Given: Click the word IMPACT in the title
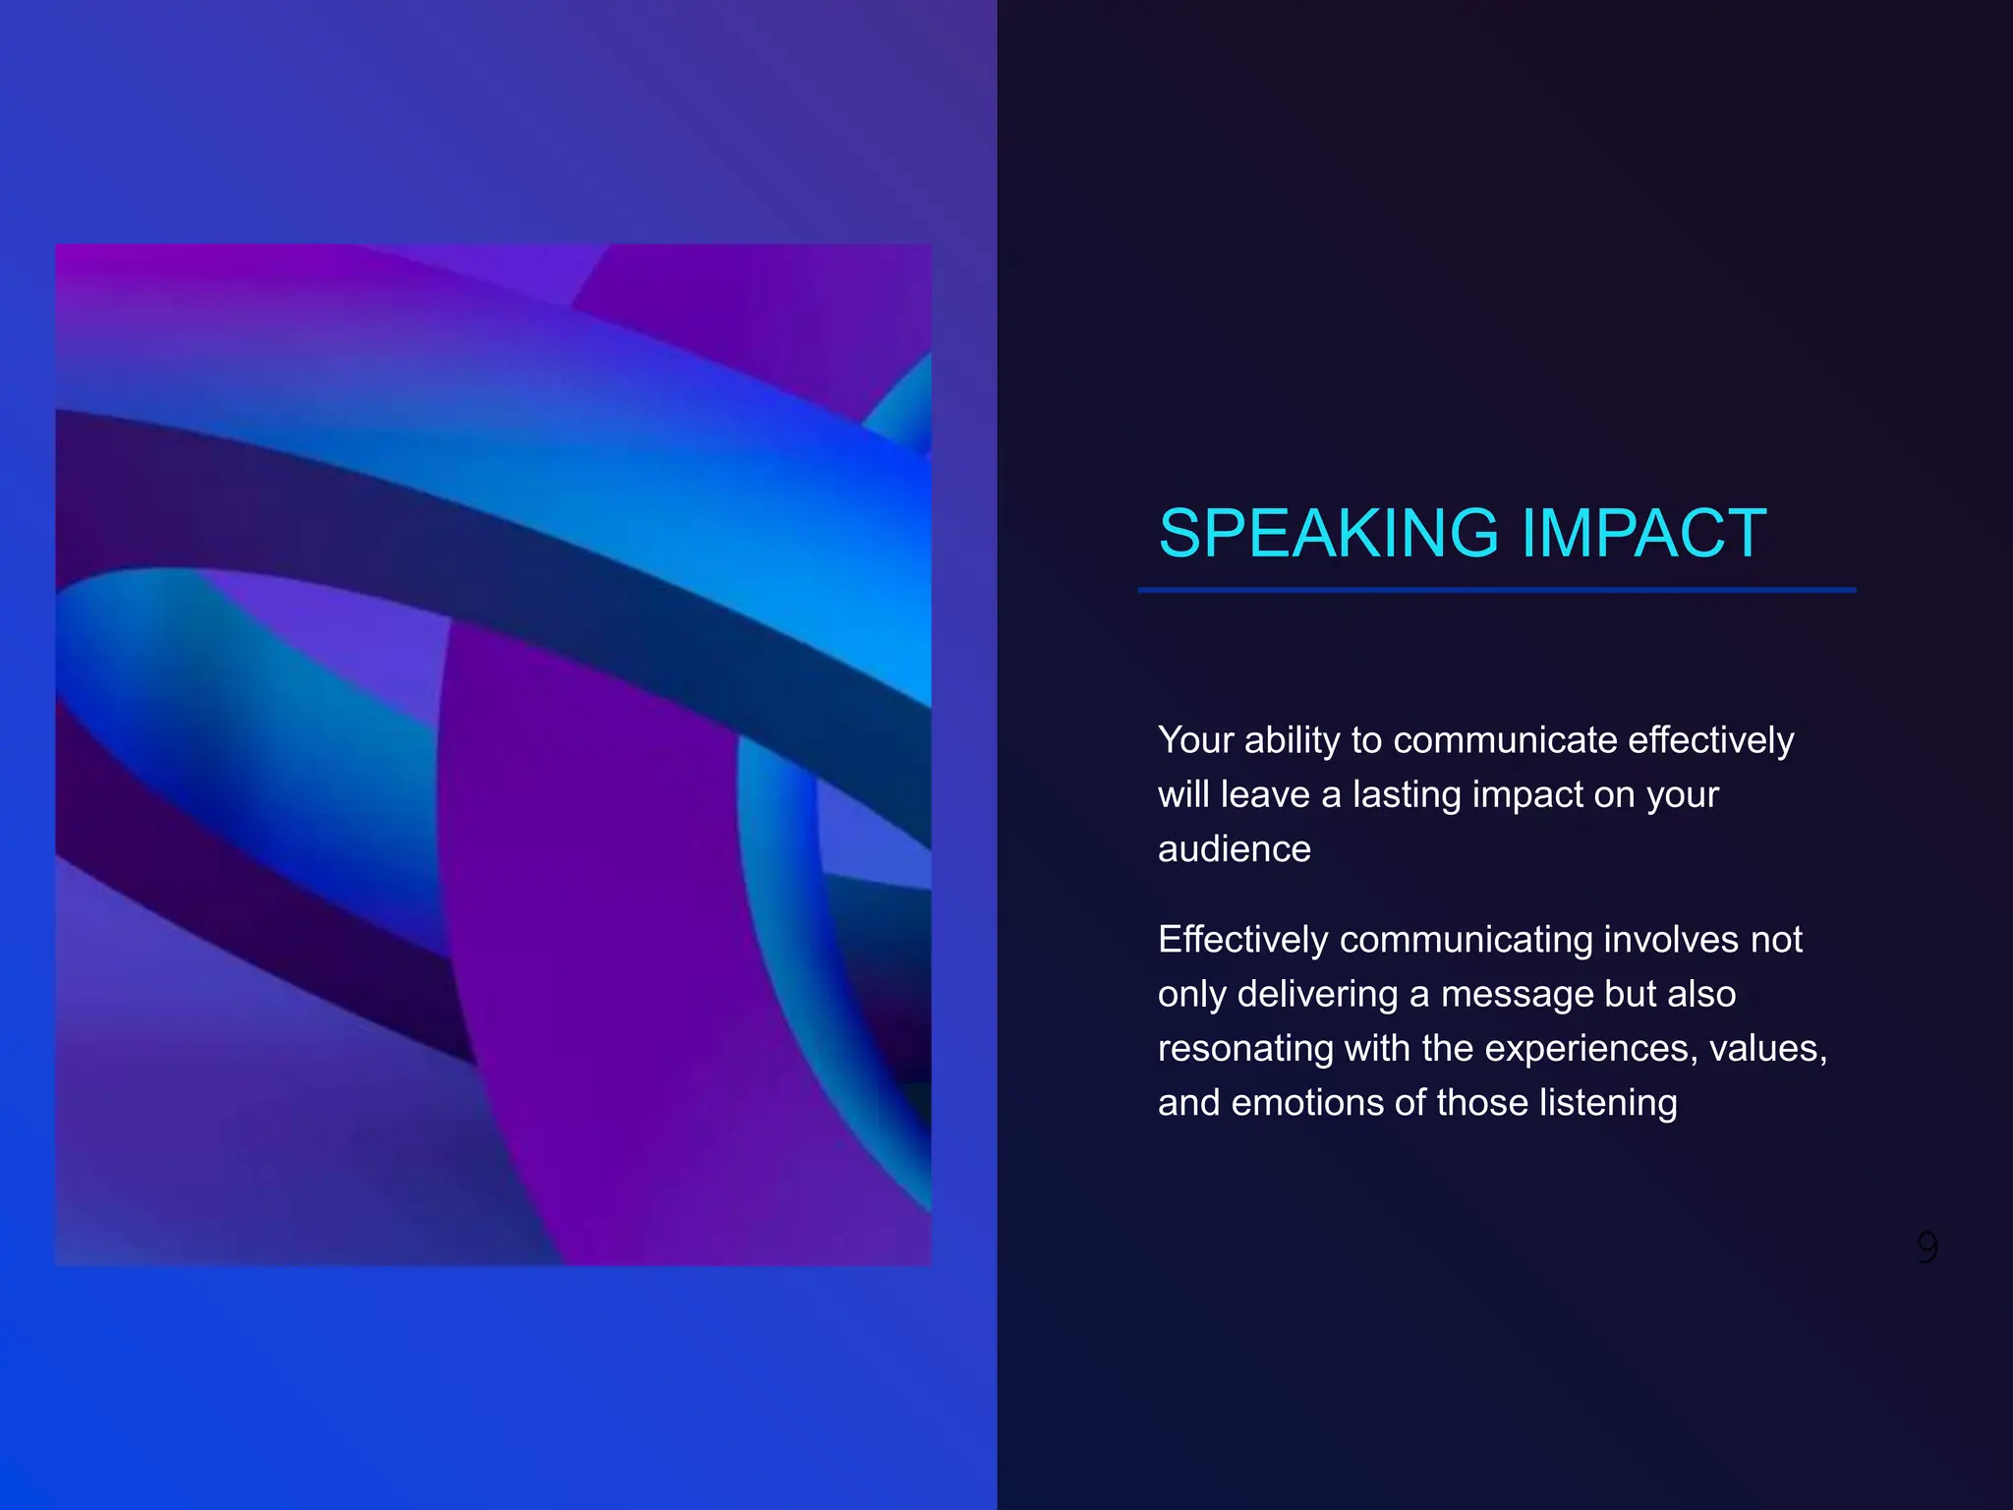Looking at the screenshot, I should point(1643,534).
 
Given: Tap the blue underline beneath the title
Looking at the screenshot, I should point(1496,590).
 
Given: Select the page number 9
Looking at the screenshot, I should point(1927,1248).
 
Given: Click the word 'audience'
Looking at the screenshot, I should point(1235,849).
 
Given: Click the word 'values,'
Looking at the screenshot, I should point(1767,1049).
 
